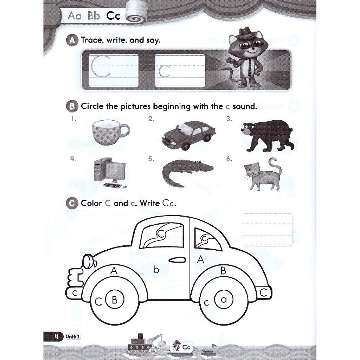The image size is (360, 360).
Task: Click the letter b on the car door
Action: pos(156,270)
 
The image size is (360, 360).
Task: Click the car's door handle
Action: pos(177,261)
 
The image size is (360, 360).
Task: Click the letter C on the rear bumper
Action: pos(264,292)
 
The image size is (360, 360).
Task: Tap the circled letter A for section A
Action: pos(72,40)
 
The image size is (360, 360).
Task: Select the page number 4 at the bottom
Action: pos(56,336)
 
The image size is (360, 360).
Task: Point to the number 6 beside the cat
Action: pos(229,159)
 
